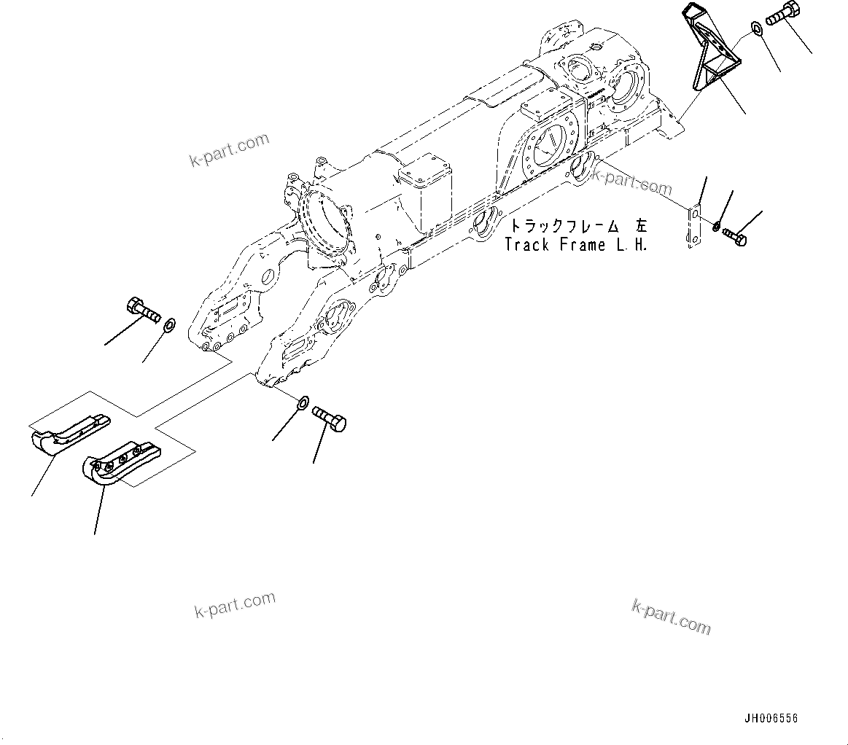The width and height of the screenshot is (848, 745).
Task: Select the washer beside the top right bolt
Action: [x=755, y=30]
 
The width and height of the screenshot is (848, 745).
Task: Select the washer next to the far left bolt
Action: [x=169, y=324]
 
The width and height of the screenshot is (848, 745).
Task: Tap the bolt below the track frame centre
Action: [x=330, y=419]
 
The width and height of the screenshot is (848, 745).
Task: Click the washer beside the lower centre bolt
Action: [x=303, y=402]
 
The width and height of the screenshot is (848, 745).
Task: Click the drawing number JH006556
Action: [x=771, y=718]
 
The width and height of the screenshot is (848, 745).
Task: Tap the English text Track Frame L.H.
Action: [x=575, y=245]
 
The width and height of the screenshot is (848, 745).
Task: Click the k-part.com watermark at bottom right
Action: [x=671, y=617]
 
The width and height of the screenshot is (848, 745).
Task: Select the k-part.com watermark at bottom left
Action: [x=235, y=604]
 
